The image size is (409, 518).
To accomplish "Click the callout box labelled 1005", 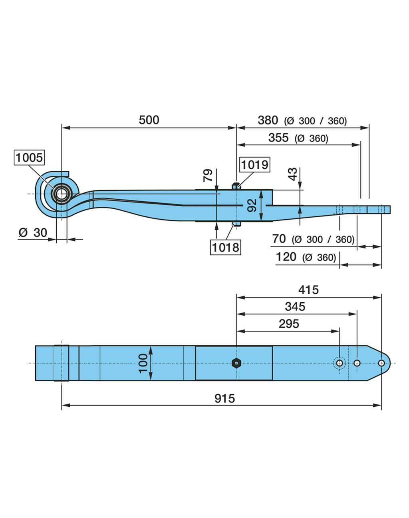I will click(x=29, y=157).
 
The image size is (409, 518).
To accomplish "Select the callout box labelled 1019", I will click(x=255, y=164).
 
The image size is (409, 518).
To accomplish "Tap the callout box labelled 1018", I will click(x=225, y=247).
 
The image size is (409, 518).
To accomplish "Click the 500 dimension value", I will click(x=149, y=120).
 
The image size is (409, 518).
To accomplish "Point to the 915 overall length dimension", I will click(x=224, y=398).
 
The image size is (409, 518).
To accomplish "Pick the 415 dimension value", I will click(x=308, y=290).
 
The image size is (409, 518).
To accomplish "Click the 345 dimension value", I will click(x=295, y=306).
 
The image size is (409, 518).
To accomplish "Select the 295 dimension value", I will click(x=289, y=324).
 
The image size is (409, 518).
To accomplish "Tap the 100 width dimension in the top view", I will click(x=143, y=363).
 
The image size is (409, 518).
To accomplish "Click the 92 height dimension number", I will click(x=252, y=205).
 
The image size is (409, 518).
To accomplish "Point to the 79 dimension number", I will click(x=208, y=175).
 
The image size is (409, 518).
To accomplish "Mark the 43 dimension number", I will click(x=293, y=174).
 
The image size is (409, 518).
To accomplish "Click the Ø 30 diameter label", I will click(x=33, y=232).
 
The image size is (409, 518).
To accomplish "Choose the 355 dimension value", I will click(x=278, y=138).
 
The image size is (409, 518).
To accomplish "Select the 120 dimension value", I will click(x=286, y=257).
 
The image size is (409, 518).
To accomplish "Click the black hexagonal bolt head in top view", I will click(x=236, y=363).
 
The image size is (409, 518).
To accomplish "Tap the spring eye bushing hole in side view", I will click(x=62, y=194).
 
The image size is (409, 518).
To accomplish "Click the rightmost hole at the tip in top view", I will click(x=381, y=363).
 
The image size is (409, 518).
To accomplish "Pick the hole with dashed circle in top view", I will click(x=340, y=363).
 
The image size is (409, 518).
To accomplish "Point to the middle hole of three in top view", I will click(x=357, y=363).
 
